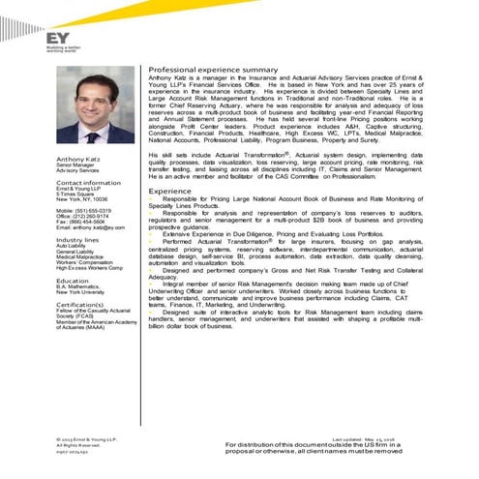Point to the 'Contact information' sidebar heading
coord(88,182)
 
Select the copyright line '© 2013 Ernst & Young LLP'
coord(86,438)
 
